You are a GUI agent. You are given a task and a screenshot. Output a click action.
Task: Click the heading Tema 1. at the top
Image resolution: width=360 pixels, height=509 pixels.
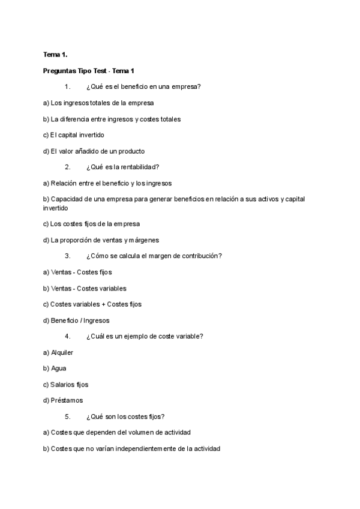(55, 55)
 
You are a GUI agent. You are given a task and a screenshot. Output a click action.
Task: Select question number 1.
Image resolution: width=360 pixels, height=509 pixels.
(68, 86)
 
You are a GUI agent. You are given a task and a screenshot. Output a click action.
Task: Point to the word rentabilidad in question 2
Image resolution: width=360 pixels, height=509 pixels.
(138, 167)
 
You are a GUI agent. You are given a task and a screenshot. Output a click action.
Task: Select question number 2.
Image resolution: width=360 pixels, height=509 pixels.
(68, 167)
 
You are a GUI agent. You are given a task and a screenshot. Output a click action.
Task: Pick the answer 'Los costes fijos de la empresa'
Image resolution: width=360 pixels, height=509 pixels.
(91, 224)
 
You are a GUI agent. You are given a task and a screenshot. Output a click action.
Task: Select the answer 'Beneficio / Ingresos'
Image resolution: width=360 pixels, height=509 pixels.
(76, 321)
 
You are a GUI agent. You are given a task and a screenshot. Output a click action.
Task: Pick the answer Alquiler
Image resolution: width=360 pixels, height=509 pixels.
(62, 352)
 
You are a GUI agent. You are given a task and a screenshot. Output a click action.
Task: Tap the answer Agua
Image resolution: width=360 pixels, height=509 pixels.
(59, 368)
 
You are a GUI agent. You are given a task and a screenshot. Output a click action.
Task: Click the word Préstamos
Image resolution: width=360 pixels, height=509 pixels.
(67, 400)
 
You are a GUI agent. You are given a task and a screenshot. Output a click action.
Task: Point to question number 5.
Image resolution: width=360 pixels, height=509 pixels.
(68, 416)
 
